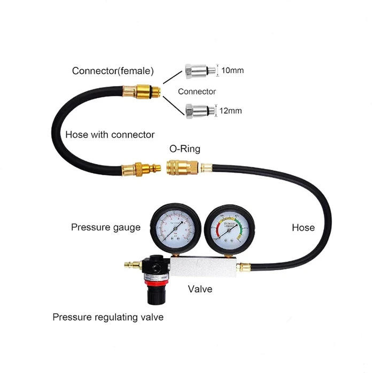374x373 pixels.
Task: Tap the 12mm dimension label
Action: pos(230,111)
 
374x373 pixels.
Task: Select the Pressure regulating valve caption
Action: pos(108,317)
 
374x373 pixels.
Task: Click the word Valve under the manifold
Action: pos(200,289)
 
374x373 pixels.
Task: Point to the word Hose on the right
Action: pos(303,228)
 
